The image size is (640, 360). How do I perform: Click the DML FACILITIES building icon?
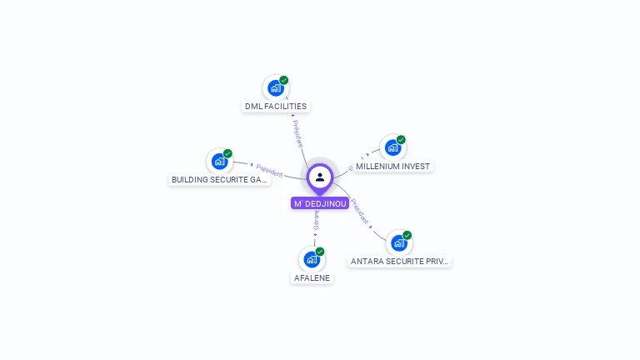tap(276, 88)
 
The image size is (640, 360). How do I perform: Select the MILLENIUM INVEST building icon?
tap(392, 148)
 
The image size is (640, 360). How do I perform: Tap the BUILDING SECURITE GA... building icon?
tap(220, 161)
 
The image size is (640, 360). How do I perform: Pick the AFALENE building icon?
tap(312, 259)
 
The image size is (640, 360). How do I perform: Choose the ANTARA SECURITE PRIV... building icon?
tap(399, 242)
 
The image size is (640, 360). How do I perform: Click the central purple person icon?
tap(320, 177)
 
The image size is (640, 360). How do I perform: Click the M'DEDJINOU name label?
tap(320, 203)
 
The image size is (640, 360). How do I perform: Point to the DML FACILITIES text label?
tap(276, 107)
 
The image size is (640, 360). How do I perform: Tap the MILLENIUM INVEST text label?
tap(392, 167)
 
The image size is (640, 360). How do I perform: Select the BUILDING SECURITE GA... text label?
tap(220, 179)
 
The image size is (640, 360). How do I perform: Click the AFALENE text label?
tap(312, 277)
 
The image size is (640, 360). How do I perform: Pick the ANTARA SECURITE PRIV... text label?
tap(399, 261)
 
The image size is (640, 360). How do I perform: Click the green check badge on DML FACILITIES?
tap(284, 80)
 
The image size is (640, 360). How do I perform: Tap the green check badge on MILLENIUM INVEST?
tap(401, 140)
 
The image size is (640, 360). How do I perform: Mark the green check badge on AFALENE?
tap(320, 251)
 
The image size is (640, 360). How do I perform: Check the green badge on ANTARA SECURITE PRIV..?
tap(407, 235)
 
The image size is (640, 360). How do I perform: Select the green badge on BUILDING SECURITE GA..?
tap(227, 153)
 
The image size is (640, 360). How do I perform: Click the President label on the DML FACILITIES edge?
tap(297, 132)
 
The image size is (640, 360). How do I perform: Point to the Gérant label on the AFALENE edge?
tap(316, 222)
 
